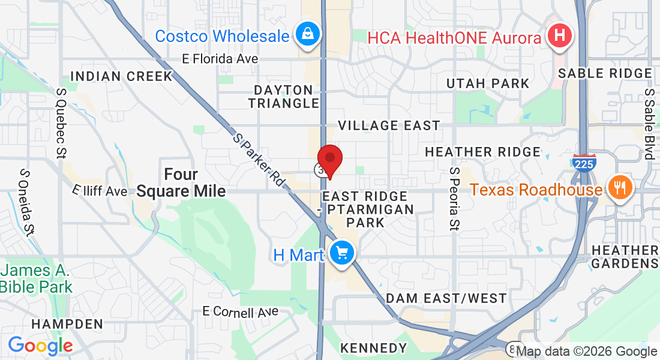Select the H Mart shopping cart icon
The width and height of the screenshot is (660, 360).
[x=342, y=254]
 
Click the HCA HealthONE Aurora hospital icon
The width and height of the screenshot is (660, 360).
[x=559, y=35]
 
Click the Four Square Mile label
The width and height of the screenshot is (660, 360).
[x=181, y=183]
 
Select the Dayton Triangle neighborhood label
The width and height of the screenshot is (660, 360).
[x=284, y=97]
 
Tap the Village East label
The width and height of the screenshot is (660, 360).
[x=389, y=125]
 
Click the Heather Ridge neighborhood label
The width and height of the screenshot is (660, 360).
[x=482, y=152]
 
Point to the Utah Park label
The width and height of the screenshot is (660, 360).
[x=487, y=83]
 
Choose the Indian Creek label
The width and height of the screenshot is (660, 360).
[x=121, y=76]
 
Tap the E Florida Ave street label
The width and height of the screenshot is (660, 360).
[x=220, y=59]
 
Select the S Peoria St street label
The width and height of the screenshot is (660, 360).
[x=454, y=199]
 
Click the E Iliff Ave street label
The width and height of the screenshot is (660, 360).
[x=100, y=190]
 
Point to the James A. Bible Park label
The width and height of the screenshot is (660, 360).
[x=36, y=278]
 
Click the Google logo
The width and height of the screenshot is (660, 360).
[x=40, y=346]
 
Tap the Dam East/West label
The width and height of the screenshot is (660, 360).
[x=446, y=298]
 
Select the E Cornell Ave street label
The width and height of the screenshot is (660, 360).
[x=240, y=311]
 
